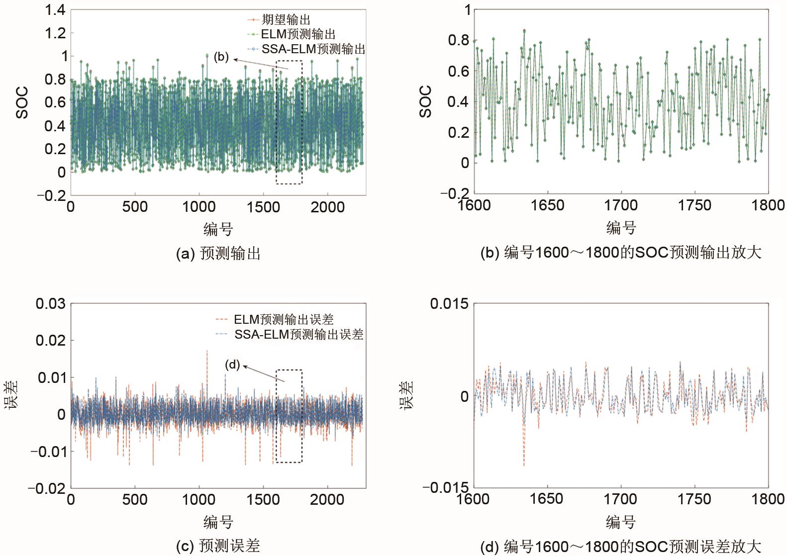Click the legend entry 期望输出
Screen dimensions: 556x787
coord(286,20)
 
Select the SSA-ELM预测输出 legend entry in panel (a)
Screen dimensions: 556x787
coord(313,49)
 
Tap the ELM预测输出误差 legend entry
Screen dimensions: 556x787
coord(284,319)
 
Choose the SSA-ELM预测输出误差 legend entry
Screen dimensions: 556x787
coord(299,334)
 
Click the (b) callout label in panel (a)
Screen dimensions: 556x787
coord(221,57)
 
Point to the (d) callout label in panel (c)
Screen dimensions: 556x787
coord(232,365)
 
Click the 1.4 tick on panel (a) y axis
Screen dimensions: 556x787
coord(55,10)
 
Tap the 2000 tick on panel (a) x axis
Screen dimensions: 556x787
coord(327,207)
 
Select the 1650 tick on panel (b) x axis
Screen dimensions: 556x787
coord(547,205)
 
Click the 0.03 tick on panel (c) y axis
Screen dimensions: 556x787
coord(50,303)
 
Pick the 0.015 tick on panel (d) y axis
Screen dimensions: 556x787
coord(449,303)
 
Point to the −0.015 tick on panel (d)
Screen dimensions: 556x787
coord(446,487)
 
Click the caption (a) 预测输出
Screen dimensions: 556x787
coord(218,254)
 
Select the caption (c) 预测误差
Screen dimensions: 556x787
coord(218,546)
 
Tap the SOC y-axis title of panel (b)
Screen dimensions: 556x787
coord(426,101)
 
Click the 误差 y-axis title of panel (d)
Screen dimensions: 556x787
coord(407,395)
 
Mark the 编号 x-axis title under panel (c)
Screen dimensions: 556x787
coord(218,522)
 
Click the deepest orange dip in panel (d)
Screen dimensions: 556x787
coord(524,465)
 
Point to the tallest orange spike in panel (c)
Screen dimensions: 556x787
coord(207,351)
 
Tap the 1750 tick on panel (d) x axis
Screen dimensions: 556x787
coord(694,499)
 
